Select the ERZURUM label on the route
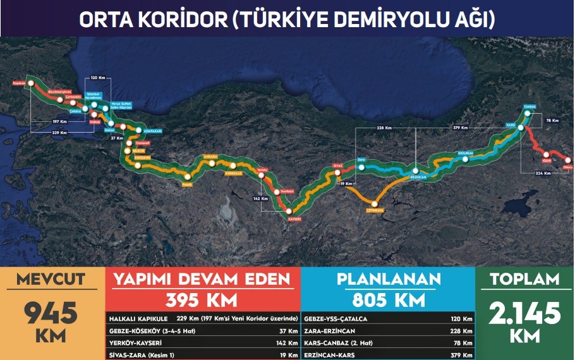(x=465, y=152)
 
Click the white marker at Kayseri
(x=289, y=211)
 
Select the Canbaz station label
(x=530, y=106)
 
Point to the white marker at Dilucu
(x=567, y=160)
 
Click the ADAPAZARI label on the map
(x=152, y=131)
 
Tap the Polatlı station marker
(x=188, y=177)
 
